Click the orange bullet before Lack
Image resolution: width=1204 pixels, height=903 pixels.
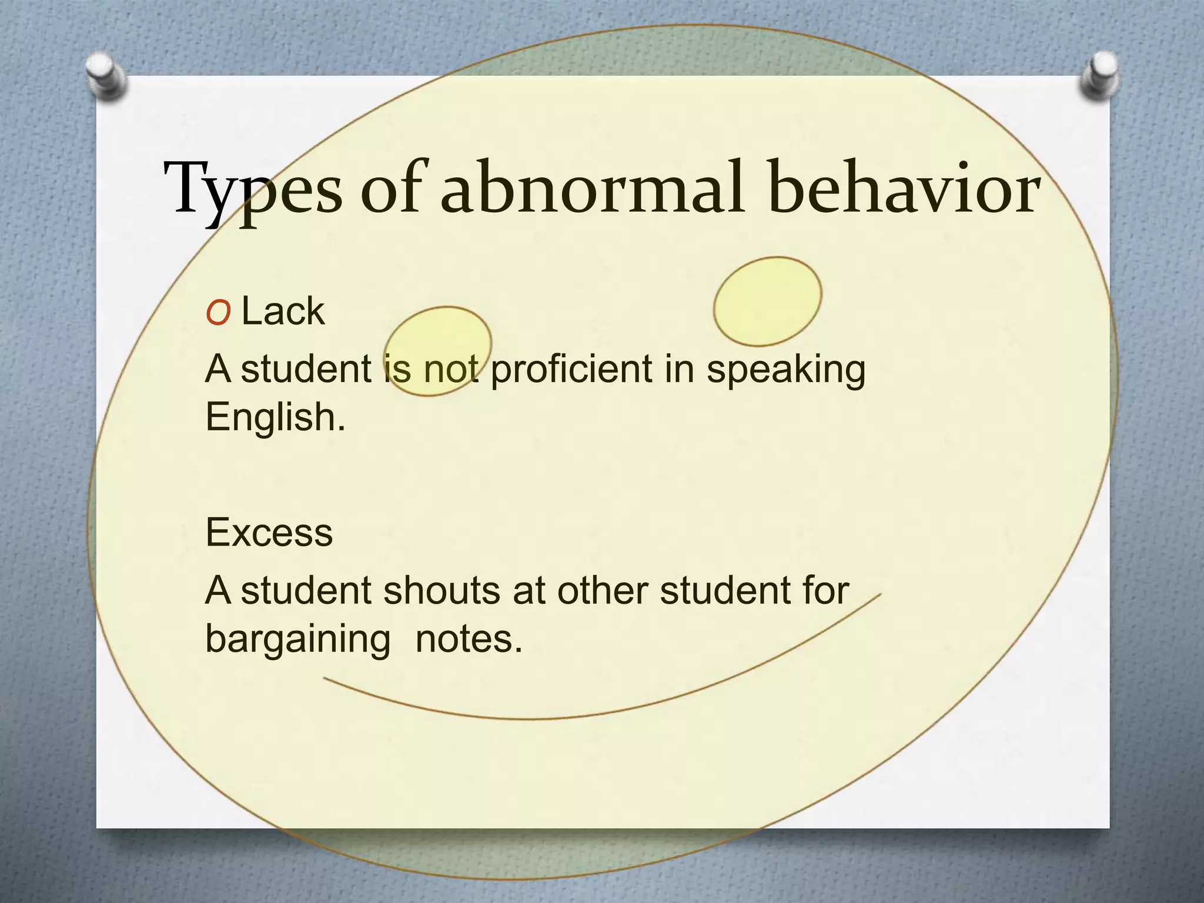coord(218,315)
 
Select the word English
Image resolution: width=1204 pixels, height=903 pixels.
coord(275,417)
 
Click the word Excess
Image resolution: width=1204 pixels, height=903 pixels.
coord(269,533)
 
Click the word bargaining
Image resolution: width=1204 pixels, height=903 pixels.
coord(297,640)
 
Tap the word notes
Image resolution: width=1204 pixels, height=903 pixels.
coord(468,639)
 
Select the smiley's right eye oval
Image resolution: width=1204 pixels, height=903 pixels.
coord(767,301)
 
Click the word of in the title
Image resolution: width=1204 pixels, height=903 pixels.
coord(391,188)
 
